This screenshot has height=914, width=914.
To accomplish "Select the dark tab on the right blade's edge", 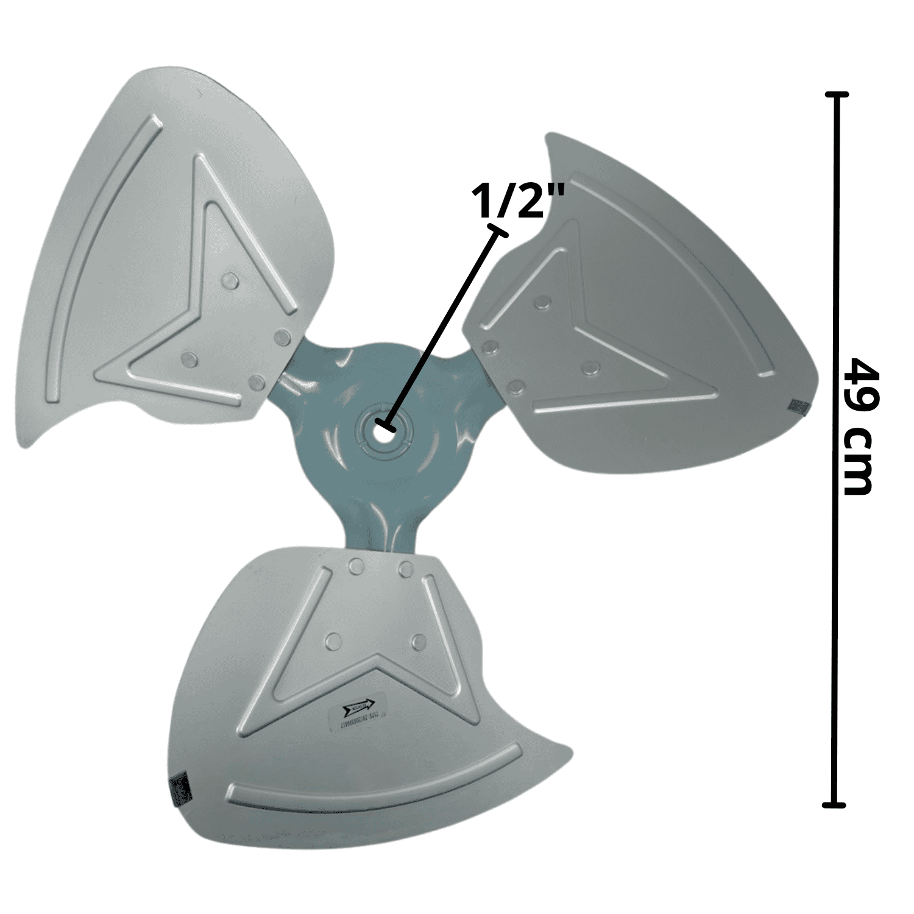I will (796, 405).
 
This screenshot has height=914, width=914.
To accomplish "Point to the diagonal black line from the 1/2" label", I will (441, 329).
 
